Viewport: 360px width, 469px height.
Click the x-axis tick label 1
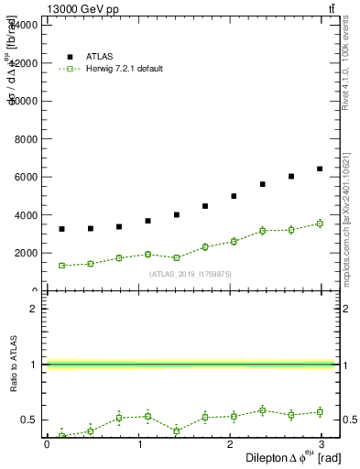pyautogui.click(x=140, y=444)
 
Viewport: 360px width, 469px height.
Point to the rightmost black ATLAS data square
pyautogui.click(x=320, y=169)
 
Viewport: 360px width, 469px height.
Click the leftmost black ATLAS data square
pyautogui.click(x=61, y=229)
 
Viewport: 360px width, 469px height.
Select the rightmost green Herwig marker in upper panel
pyautogui.click(x=320, y=223)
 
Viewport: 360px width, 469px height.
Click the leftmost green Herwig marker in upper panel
pyautogui.click(x=61, y=266)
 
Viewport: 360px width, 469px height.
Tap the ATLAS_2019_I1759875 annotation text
pyautogui.click(x=191, y=274)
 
